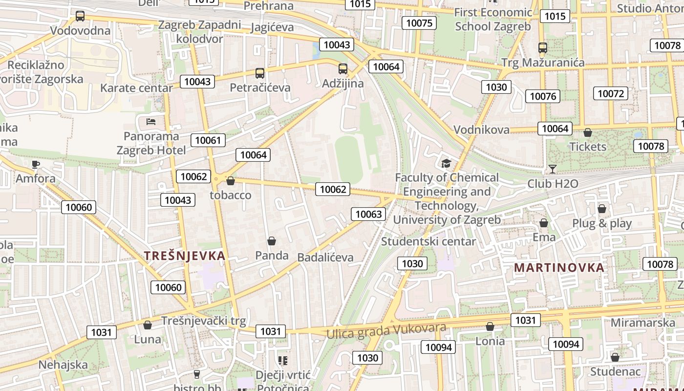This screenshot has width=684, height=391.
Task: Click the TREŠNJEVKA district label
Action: pyautogui.click(x=185, y=256)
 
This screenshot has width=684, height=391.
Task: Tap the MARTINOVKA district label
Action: pyautogui.click(x=559, y=268)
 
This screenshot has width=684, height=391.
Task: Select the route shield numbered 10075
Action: pyautogui.click(x=419, y=23)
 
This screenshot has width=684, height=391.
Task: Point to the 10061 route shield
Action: pyautogui.click(x=208, y=141)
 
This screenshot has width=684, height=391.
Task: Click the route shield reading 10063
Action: pyautogui.click(x=368, y=214)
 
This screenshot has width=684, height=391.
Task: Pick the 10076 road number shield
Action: pyautogui.click(x=543, y=96)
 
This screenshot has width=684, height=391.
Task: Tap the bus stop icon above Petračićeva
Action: pyautogui.click(x=260, y=73)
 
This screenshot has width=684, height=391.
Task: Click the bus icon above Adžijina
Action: pyautogui.click(x=343, y=69)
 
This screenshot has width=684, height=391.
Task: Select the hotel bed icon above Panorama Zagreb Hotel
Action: pyautogui.click(x=151, y=121)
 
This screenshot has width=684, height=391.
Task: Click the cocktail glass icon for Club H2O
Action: pyautogui.click(x=553, y=169)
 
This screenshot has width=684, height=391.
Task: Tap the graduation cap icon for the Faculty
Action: pyautogui.click(x=446, y=163)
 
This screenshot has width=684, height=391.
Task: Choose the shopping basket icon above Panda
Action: pyautogui.click(x=272, y=241)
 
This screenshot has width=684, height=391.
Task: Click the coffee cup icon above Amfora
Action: pyautogui.click(x=35, y=164)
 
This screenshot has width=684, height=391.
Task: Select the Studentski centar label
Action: pyautogui.click(x=428, y=241)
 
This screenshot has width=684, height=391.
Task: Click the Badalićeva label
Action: pyautogui.click(x=325, y=258)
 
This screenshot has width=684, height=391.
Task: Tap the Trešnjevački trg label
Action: pyautogui.click(x=203, y=321)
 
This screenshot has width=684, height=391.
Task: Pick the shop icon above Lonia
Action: pyautogui.click(x=490, y=326)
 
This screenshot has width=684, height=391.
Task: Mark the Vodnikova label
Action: pyautogui.click(x=481, y=130)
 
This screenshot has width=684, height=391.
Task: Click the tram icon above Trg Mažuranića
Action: pyautogui.click(x=543, y=48)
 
